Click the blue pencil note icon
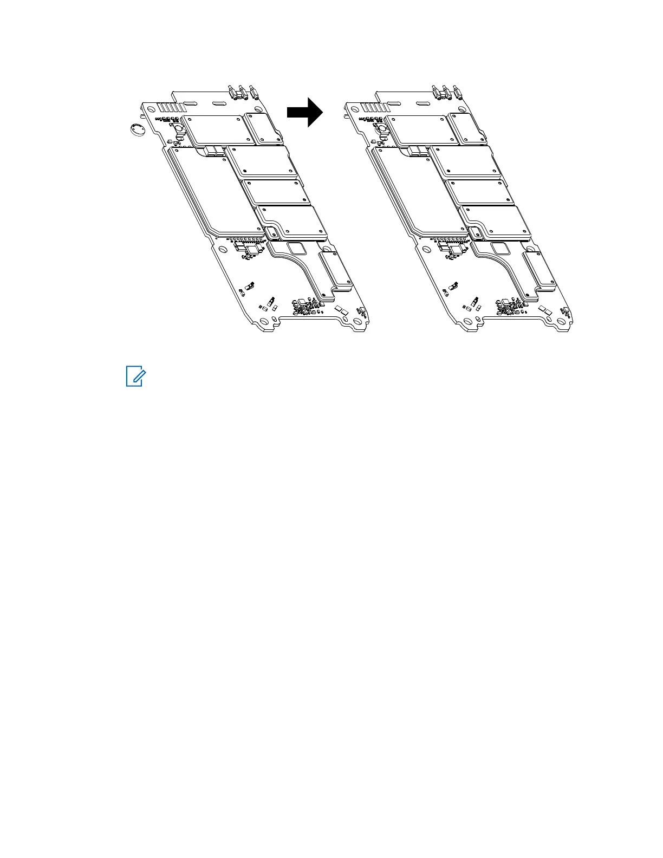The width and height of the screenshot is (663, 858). [134, 376]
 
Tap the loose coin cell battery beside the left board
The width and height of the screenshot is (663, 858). [136, 129]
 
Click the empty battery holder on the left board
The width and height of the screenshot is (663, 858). [178, 129]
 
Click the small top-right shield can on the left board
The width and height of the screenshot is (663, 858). [262, 129]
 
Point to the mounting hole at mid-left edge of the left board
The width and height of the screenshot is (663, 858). [222, 251]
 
